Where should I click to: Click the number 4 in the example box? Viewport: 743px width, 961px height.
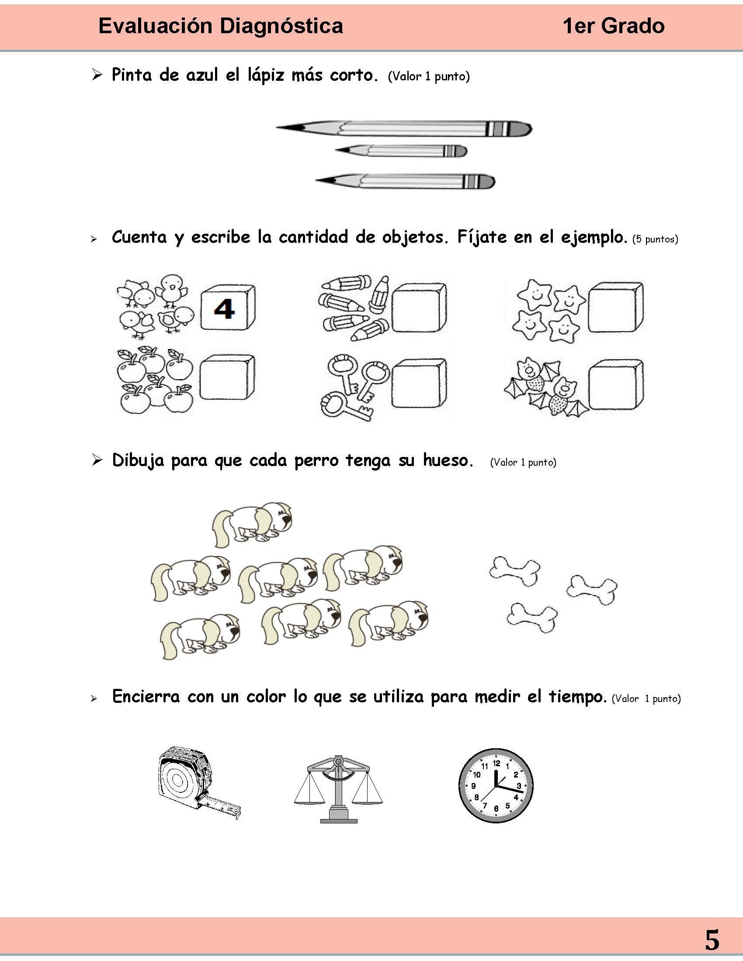point(224,309)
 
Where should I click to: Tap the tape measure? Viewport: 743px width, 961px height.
point(194,781)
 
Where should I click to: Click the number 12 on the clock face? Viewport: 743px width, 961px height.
point(496,763)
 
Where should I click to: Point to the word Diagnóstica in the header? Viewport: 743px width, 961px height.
point(281,26)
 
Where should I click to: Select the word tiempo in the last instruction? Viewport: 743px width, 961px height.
point(577,697)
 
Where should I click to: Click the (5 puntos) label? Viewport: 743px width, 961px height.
point(655,239)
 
